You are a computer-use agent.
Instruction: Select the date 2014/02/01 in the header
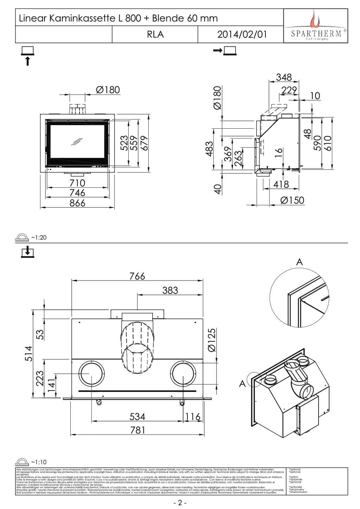click(242, 34)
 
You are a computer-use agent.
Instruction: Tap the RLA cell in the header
click(155, 34)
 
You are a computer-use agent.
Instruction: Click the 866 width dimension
click(77, 203)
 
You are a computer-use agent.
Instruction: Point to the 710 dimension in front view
click(77, 183)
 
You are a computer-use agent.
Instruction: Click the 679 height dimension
click(144, 143)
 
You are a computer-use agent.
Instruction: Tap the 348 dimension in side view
click(284, 77)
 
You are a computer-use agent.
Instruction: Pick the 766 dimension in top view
click(137, 276)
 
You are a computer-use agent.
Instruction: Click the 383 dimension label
click(170, 290)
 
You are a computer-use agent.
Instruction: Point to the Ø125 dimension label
click(212, 340)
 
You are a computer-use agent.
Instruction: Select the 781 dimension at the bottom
click(137, 430)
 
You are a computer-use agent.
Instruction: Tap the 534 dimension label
click(137, 417)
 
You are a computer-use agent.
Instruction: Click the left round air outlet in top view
click(91, 374)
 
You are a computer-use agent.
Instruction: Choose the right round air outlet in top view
click(183, 374)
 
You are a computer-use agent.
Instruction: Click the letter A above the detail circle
click(300, 262)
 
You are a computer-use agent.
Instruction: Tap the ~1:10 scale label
click(39, 462)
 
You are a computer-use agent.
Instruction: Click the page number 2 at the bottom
click(180, 503)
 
